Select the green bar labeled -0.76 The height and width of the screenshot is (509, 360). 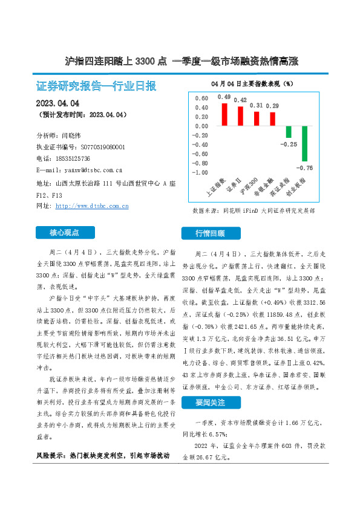[305, 143]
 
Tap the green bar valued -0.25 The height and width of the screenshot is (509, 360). [289, 132]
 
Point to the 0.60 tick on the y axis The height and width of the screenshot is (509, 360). [202, 98]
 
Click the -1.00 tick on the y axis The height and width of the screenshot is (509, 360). [200, 172]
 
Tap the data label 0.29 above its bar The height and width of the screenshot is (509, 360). [272, 106]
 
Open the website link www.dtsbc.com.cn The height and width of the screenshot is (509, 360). [91, 206]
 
